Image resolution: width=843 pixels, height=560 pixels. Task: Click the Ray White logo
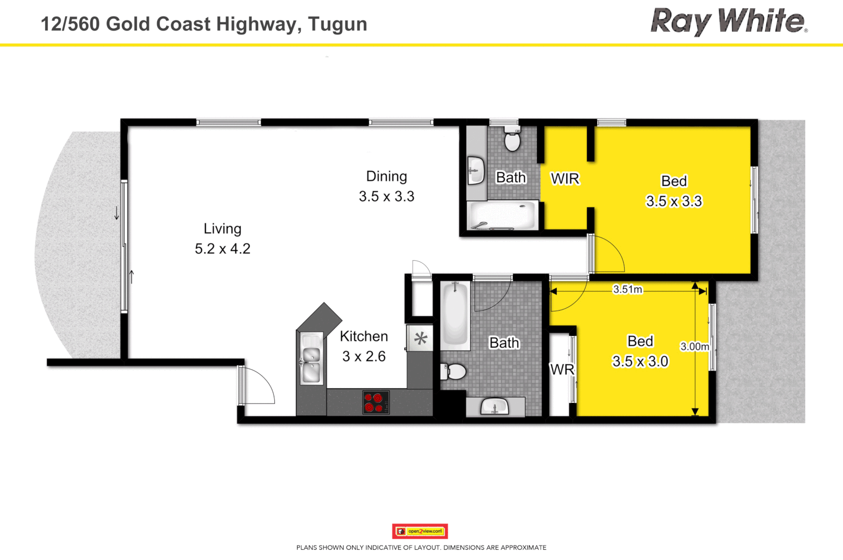(x=728, y=22)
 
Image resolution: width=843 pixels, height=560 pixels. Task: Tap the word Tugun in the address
(x=338, y=24)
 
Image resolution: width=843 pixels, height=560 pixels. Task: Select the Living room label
(x=222, y=229)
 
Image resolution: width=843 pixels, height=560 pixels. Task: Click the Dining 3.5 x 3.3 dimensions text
(x=386, y=197)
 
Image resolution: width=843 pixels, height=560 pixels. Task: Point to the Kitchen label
(x=363, y=337)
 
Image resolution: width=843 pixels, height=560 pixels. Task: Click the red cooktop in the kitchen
(x=376, y=402)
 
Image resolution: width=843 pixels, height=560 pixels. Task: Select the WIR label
(x=565, y=179)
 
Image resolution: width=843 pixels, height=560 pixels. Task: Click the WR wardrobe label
(x=562, y=370)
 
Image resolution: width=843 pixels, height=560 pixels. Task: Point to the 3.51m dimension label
(x=627, y=289)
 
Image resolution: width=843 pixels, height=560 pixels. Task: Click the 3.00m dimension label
(x=694, y=346)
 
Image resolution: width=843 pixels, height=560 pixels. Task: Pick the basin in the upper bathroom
(x=475, y=170)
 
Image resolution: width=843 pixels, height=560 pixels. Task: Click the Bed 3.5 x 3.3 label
(x=673, y=191)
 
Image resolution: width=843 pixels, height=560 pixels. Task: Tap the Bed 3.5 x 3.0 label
(x=640, y=352)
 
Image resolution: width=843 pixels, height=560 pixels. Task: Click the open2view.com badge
(x=420, y=531)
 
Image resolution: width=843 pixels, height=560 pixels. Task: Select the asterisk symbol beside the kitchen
(x=420, y=339)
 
